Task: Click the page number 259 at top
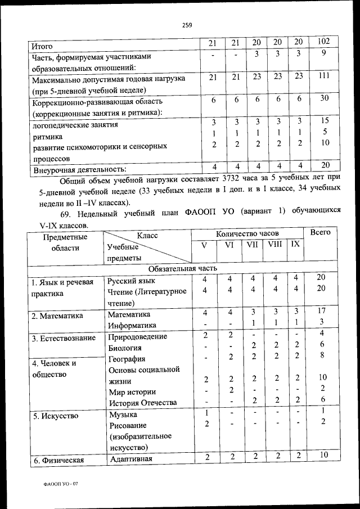187,24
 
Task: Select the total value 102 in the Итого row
324,42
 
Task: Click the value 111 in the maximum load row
324,76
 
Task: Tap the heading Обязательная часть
179,268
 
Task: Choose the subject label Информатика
132,325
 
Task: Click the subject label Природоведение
138,336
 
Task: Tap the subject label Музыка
123,414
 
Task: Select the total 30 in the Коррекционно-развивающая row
324,98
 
